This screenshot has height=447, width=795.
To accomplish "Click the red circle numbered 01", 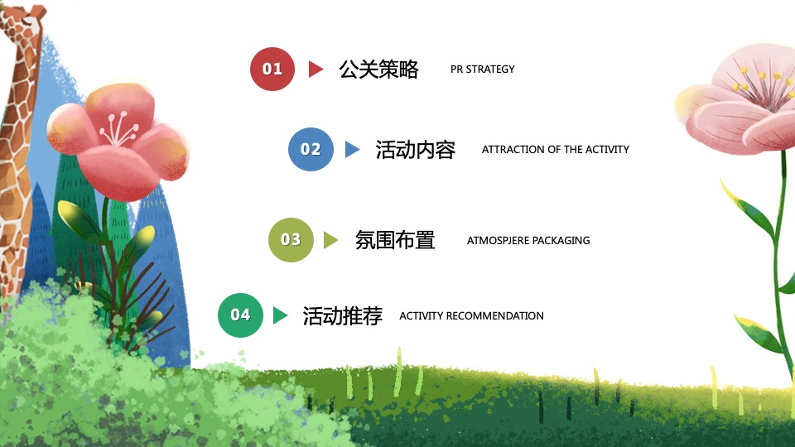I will point(272,69).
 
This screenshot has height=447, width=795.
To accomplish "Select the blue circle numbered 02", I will point(311,150).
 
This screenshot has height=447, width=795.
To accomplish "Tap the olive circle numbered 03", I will point(291,240).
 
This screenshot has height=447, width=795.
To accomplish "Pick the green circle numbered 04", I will point(240,315).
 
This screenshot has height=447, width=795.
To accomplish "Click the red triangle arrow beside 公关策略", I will point(315,70).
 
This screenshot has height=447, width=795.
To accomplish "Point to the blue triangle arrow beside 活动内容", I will point(352,150).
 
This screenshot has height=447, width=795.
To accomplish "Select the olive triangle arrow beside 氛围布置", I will point(331,240).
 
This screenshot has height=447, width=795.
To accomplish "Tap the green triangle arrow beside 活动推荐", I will point(280,315).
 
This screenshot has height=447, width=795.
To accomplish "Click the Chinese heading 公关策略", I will point(378,70).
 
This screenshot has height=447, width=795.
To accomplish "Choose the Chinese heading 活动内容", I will point(415,150).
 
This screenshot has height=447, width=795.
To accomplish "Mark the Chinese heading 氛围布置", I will point(395,240).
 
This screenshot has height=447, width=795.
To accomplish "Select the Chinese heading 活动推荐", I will point(342,315).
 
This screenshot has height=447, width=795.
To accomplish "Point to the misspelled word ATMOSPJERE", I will point(498,241).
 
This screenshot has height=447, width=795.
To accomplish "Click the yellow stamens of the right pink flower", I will point(758,80).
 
